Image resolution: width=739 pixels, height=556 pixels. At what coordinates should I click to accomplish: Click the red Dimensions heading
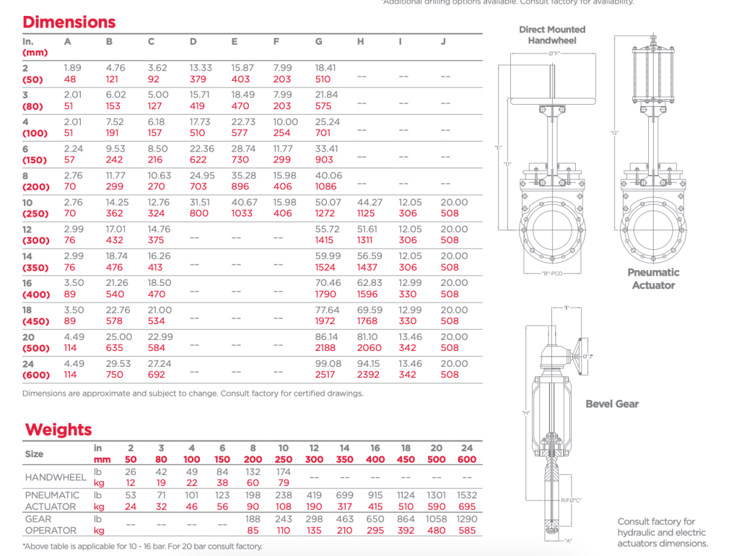[69, 22]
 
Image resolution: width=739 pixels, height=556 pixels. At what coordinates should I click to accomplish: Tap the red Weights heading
[58, 430]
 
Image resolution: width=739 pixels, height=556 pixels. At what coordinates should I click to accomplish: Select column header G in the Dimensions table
[319, 42]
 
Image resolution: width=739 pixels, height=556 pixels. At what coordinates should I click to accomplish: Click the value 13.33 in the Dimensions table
[201, 68]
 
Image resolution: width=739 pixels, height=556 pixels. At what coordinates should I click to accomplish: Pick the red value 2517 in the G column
[325, 375]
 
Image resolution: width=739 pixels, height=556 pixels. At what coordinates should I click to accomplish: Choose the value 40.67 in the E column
[242, 203]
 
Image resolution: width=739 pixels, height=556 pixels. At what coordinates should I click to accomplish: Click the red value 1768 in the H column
[367, 321]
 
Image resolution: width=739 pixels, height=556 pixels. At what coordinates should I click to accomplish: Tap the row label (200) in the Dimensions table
[36, 186]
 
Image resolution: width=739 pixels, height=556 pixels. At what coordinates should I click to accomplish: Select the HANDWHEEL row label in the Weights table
[53, 477]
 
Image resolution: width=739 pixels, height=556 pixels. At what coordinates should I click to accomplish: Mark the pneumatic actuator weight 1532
[466, 495]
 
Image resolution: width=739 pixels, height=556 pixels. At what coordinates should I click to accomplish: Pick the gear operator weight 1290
[466, 519]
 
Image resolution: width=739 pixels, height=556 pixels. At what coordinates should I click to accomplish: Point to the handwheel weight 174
[284, 472]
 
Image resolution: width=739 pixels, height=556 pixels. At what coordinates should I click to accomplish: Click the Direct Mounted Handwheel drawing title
[552, 35]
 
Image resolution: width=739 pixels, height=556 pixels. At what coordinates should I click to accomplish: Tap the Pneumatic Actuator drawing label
[653, 279]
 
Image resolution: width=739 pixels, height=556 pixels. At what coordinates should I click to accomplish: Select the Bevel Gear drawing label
[612, 404]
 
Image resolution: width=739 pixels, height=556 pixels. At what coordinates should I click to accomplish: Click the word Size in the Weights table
[34, 453]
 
